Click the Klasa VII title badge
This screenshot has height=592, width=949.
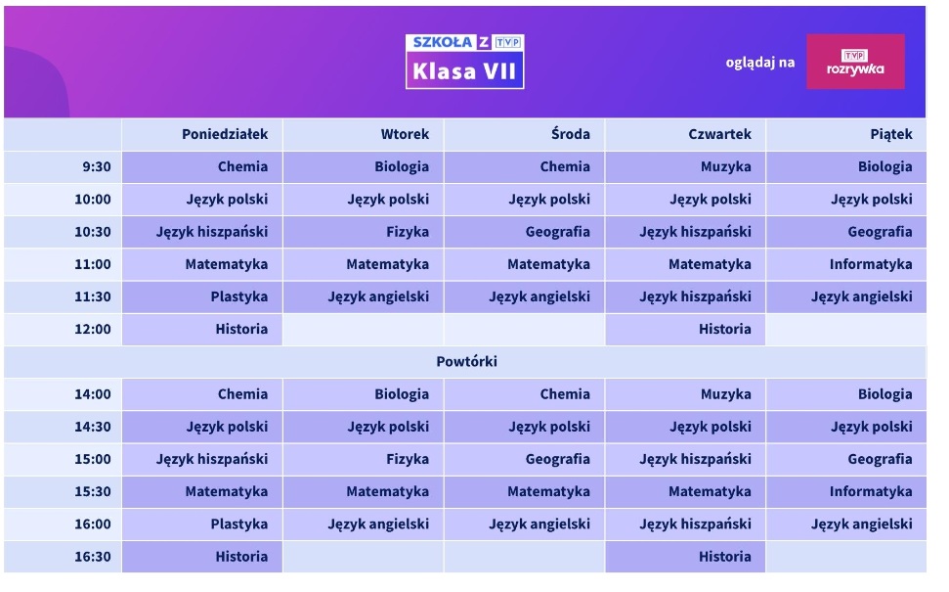[x=465, y=62]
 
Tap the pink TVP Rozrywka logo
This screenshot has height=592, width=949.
[x=855, y=62]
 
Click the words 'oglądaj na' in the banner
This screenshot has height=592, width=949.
[x=760, y=63]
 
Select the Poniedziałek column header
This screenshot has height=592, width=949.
[x=225, y=134]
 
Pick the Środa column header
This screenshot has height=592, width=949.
[x=570, y=134]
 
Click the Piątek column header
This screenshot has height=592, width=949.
[x=891, y=134]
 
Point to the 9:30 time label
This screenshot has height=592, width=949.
[x=97, y=166]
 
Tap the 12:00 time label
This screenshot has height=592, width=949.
[x=93, y=329]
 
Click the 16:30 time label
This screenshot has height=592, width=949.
[x=93, y=556]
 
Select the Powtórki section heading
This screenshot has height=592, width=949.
[x=466, y=361]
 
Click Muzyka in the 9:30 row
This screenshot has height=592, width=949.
[x=725, y=166]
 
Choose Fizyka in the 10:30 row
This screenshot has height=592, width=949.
[x=408, y=232]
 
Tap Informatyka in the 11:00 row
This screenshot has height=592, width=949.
[x=871, y=264]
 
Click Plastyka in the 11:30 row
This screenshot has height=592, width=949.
[x=239, y=296]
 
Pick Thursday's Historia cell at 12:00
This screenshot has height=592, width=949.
[x=725, y=329]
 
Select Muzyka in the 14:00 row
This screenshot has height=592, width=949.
[x=725, y=394]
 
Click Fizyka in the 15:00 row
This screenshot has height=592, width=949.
[x=408, y=459]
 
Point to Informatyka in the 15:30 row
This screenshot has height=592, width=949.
[x=871, y=491]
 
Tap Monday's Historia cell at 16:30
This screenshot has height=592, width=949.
[x=241, y=556]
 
